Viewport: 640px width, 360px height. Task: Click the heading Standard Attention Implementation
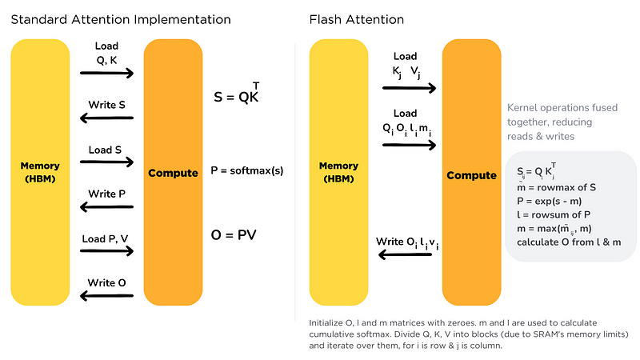(121, 18)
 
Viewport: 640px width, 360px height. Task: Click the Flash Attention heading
(357, 18)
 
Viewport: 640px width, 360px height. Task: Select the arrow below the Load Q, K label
(106, 74)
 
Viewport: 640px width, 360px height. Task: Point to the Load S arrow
(106, 163)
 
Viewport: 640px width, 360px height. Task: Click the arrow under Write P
(106, 207)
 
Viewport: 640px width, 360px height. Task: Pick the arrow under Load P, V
(106, 252)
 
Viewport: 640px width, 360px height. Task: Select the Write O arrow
(106, 295)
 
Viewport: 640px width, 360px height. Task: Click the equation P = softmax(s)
(247, 170)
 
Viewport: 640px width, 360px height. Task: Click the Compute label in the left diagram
(173, 173)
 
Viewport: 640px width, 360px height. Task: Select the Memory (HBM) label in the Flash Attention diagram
(338, 172)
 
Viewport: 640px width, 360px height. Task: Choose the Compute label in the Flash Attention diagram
(471, 175)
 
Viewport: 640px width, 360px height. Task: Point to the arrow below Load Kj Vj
(409, 86)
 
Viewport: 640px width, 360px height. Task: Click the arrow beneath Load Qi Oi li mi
(409, 145)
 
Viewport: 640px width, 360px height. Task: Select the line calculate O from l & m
(567, 242)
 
